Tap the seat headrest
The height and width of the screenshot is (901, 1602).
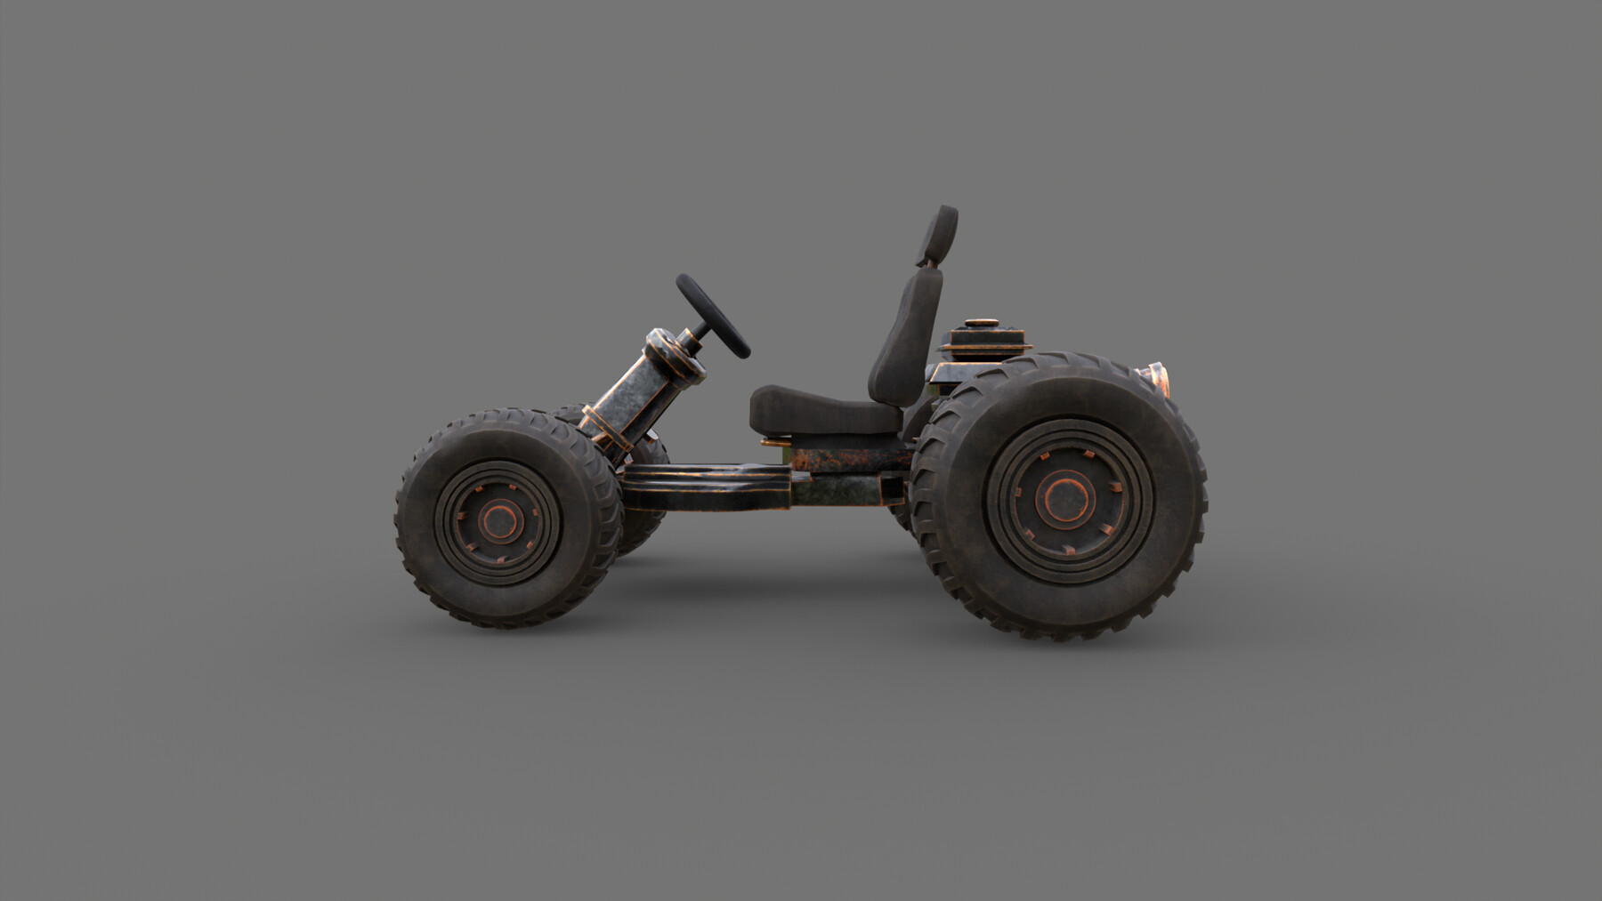pyautogui.click(x=941, y=233)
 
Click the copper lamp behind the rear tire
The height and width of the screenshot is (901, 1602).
pyautogui.click(x=1154, y=380)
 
